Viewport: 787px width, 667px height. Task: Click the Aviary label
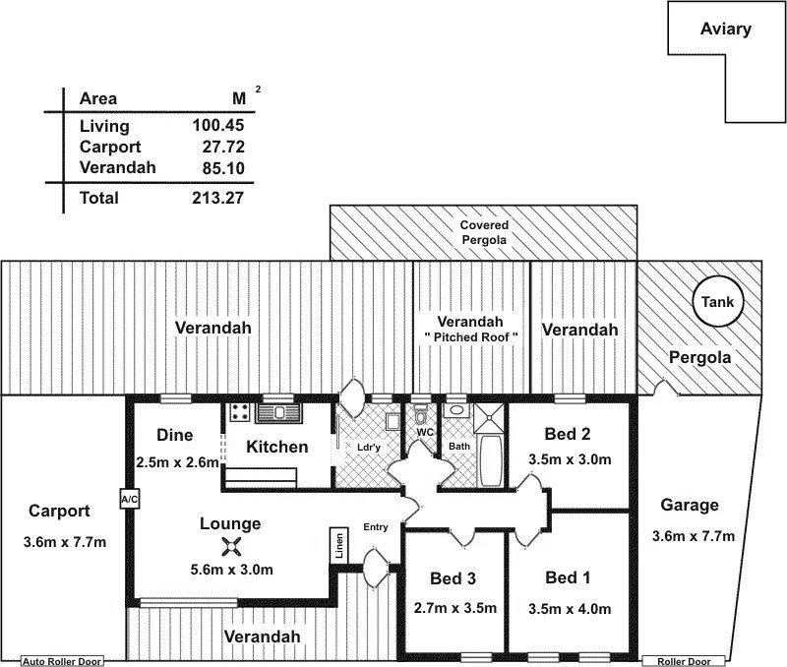[x=725, y=29]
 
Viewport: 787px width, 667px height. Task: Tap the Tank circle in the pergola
[x=717, y=303]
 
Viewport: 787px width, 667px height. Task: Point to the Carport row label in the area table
[x=110, y=147]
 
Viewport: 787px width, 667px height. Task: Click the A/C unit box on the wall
[x=129, y=499]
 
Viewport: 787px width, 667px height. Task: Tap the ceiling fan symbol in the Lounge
[x=231, y=548]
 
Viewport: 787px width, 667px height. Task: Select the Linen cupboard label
[x=339, y=544]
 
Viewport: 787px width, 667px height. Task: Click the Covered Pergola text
[x=483, y=232]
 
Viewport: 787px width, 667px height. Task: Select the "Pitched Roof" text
[x=470, y=337]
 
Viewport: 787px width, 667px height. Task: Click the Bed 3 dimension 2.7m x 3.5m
[x=455, y=607]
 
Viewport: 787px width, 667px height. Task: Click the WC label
[x=425, y=432]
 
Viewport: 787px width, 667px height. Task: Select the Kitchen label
[x=276, y=447]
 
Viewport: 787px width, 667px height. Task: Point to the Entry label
[x=376, y=527]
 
